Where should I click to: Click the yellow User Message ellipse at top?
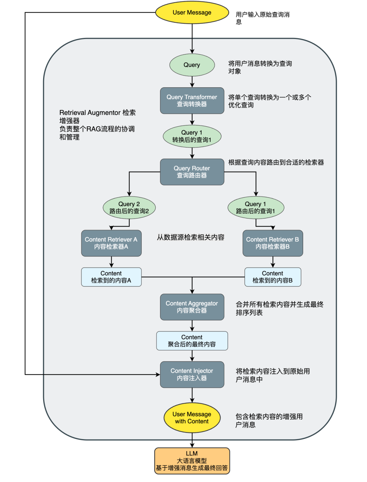[x=192, y=13]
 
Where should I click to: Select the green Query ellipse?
[x=192, y=65]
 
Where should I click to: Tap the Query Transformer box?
[x=192, y=101]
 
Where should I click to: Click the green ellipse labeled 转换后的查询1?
[x=192, y=136]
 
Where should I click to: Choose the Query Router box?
[x=192, y=172]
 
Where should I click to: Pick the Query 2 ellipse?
[x=129, y=208]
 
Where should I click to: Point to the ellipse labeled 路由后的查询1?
[x=256, y=208]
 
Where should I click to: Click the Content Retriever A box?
[x=111, y=243]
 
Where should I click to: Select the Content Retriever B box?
[x=273, y=243]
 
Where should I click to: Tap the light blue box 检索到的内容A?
[x=111, y=277]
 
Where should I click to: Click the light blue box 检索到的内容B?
[x=273, y=277]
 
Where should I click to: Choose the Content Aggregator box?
[x=192, y=307]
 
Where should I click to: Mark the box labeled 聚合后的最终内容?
[x=192, y=341]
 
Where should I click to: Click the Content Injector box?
[x=192, y=374]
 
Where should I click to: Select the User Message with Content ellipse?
[x=192, y=418]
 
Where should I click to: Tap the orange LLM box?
[x=192, y=461]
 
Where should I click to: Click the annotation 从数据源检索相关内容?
[x=191, y=237]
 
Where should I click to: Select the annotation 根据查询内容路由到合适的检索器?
[x=276, y=162]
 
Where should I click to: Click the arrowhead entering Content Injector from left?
[x=158, y=375]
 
